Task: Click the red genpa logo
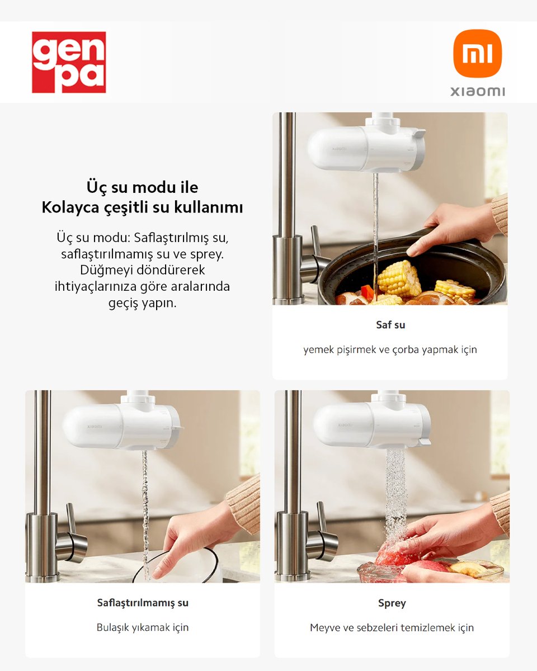click(69, 62)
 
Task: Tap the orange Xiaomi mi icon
click(477, 53)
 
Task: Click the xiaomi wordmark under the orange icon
click(477, 91)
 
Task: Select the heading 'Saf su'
click(390, 324)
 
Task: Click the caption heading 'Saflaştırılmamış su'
click(143, 603)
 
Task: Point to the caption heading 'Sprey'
click(392, 603)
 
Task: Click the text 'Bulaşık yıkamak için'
click(143, 627)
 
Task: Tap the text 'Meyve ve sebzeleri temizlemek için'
click(392, 627)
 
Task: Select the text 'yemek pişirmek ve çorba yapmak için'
click(390, 349)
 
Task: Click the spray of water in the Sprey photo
click(395, 492)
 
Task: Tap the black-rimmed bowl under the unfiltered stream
click(179, 568)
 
